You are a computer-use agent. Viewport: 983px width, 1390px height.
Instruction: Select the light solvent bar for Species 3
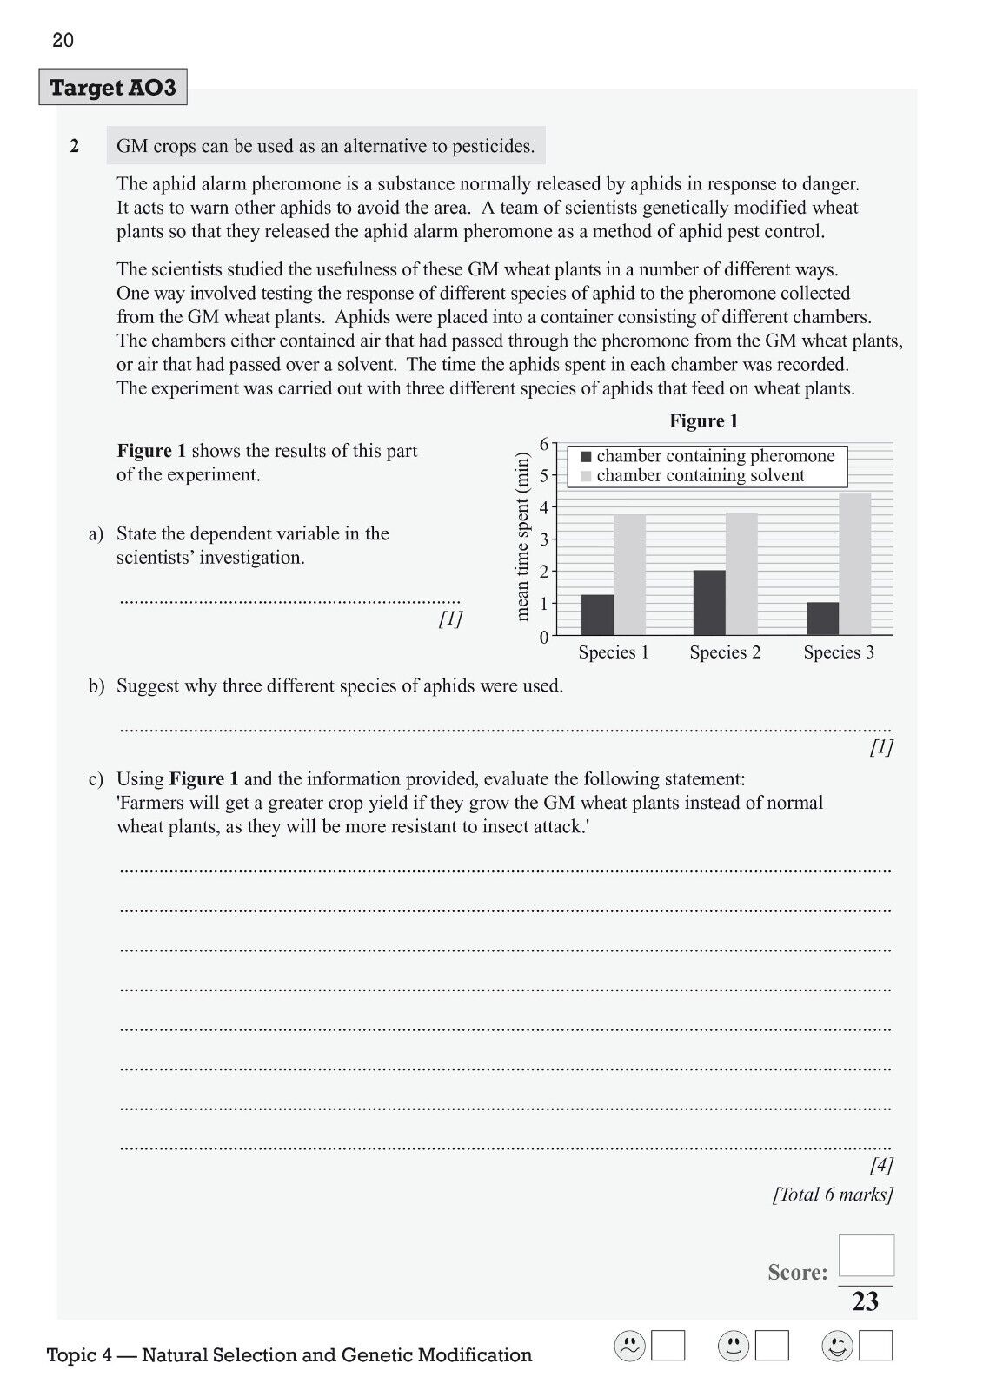pos(854,564)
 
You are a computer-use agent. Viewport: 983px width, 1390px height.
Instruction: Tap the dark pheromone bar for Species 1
pos(597,614)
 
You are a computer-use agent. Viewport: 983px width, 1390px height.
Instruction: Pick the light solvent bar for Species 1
pos(629,574)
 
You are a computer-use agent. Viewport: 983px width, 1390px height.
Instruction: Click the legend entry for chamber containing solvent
pos(700,476)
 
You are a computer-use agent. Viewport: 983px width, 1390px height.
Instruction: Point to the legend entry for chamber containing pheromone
pos(714,456)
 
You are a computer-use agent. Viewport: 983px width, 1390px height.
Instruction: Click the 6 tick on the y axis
pos(545,444)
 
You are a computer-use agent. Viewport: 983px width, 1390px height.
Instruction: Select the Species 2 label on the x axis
pos(725,652)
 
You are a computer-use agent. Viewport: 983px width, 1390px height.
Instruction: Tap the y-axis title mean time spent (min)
pos(521,536)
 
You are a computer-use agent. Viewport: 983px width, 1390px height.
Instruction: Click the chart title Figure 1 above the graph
pos(703,421)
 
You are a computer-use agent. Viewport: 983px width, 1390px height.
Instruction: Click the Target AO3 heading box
pos(113,88)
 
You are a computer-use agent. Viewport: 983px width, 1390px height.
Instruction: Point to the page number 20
pos(63,40)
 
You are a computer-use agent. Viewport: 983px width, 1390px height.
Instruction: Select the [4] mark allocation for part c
pos(880,1165)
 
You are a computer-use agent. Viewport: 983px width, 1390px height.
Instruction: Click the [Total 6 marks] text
pos(833,1195)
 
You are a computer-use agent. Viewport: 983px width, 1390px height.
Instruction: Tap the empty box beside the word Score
pos(866,1256)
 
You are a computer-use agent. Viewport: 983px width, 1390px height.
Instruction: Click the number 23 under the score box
pos(866,1301)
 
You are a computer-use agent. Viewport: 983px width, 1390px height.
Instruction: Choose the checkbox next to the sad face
pos(668,1346)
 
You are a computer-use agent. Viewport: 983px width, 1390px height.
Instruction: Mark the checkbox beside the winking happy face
pos(875,1346)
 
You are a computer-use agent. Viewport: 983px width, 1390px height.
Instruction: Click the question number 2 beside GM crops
pos(75,146)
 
